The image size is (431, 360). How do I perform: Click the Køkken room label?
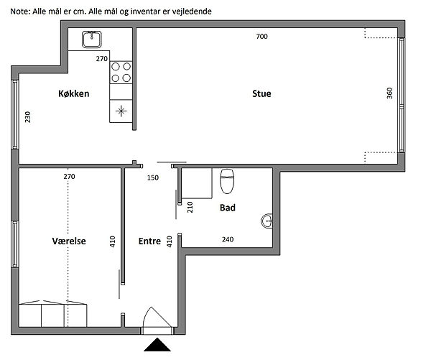(x=74, y=93)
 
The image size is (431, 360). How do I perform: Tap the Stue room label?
(x=261, y=93)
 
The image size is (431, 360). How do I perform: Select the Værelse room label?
(x=69, y=241)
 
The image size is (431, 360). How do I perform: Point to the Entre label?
(x=149, y=241)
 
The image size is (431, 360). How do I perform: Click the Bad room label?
(x=228, y=208)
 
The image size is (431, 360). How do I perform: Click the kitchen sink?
(x=92, y=40)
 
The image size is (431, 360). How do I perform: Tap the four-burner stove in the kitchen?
(x=121, y=73)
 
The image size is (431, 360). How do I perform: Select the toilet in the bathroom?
(x=227, y=181)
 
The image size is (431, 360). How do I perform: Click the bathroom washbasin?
(x=267, y=221)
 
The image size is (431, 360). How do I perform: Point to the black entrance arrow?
(x=157, y=345)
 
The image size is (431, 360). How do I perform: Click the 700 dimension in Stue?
(x=261, y=37)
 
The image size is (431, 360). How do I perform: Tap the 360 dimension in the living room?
(x=389, y=93)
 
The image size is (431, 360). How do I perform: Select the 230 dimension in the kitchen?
(x=28, y=117)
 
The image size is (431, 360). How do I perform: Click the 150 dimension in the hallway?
(x=153, y=177)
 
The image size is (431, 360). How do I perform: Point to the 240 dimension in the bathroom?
(x=228, y=239)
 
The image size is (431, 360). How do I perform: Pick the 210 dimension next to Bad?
(x=190, y=207)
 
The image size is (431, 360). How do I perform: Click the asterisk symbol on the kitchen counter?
(x=121, y=111)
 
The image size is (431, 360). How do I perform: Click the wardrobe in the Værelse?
(x=52, y=314)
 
